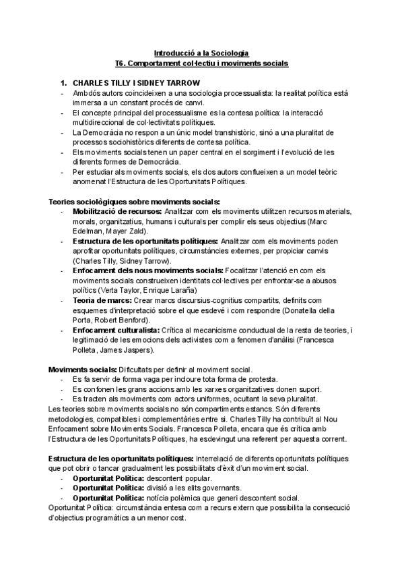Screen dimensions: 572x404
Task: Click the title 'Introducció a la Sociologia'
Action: pos(201,53)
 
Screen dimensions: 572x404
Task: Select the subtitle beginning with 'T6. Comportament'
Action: pos(201,63)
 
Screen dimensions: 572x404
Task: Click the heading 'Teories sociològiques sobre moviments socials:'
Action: pos(134,201)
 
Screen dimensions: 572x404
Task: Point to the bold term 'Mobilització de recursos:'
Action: pos(117,211)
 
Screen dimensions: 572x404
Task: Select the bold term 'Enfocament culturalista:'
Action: pos(116,330)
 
